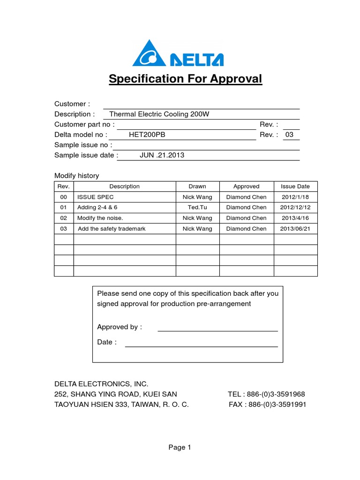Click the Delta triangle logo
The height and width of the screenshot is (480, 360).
click(149, 53)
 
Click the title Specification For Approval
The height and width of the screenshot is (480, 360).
click(185, 79)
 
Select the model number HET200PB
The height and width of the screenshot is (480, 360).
click(147, 135)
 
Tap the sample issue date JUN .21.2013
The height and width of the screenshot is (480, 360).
click(162, 155)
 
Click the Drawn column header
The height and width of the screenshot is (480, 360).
click(197, 187)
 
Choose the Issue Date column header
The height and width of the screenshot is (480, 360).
click(295, 187)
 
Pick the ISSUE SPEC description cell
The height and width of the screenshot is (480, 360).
click(96, 197)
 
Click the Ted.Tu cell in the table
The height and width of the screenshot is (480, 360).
click(197, 208)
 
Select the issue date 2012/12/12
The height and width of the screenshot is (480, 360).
click(295, 208)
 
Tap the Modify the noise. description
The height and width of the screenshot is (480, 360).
click(100, 218)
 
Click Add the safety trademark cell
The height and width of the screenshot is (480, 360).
click(112, 229)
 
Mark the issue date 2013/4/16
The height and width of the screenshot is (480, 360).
click(295, 218)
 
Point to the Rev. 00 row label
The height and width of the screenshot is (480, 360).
click(64, 197)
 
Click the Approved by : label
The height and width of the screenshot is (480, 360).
click(119, 327)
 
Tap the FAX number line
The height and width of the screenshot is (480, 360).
click(267, 405)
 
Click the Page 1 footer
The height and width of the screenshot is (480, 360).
click(180, 448)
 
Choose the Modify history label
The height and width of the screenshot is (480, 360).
click(77, 176)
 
